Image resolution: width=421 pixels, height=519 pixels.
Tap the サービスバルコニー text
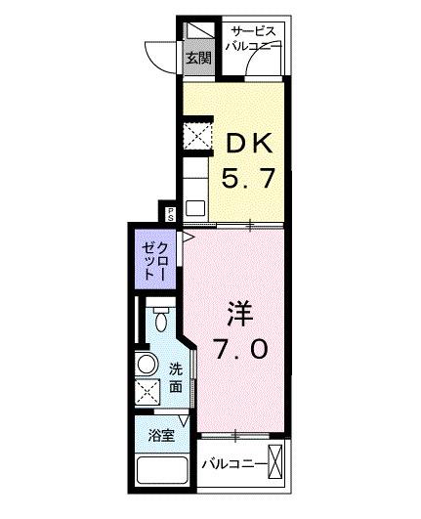pyautogui.click(x=253, y=37)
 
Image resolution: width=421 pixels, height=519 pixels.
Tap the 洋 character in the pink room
pyautogui.click(x=240, y=315)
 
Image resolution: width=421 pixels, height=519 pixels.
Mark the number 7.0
pyautogui.click(x=240, y=349)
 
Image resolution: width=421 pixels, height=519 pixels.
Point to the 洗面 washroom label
pyautogui.click(x=175, y=378)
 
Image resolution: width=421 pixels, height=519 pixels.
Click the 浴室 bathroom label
pyautogui.click(x=161, y=436)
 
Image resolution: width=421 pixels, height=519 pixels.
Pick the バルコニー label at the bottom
pyautogui.click(x=233, y=462)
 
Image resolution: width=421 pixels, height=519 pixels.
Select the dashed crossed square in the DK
pyautogui.click(x=198, y=135)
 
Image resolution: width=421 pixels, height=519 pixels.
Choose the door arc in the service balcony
pyautogui.click(x=263, y=64)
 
